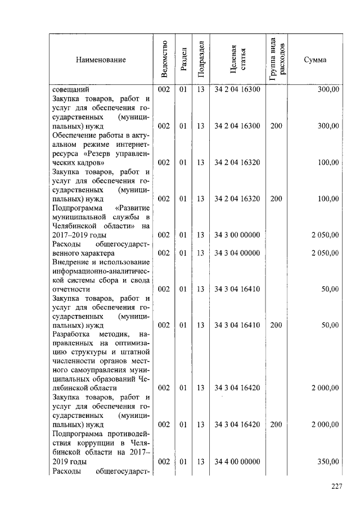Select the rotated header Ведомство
click(164, 60)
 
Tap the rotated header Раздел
click(183, 60)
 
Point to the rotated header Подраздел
click(200, 59)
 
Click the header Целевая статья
click(237, 60)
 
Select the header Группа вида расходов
click(276, 59)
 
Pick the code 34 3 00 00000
click(237, 235)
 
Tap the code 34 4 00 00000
click(237, 462)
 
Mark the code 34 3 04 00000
click(237, 253)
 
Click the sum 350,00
click(327, 462)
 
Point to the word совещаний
click(70, 89)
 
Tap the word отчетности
click(71, 289)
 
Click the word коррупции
click(74, 443)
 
